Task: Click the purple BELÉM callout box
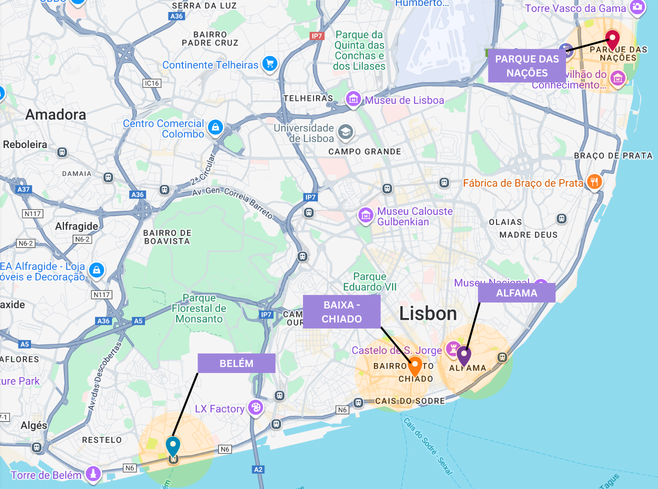point(236,363)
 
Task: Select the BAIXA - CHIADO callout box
point(341,311)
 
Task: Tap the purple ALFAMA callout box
point(516,293)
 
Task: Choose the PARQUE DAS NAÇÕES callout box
point(527,66)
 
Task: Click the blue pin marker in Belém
point(173,444)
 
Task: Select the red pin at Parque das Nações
point(612,38)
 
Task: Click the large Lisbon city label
point(428,313)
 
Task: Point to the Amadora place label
point(55,114)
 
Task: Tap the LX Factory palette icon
point(256,407)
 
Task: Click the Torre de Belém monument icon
point(93,473)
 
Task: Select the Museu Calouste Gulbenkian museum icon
point(365,216)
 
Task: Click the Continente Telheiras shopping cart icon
point(270,63)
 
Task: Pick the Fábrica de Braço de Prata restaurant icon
point(594,182)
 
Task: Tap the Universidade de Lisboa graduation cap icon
point(345,132)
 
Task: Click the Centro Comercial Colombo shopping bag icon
point(215,127)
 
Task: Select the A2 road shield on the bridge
point(258,469)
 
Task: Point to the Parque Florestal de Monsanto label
point(199,308)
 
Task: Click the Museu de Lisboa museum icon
point(353,99)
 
